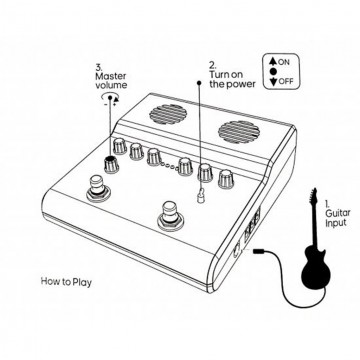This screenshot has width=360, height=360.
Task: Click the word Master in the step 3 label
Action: pos(111,75)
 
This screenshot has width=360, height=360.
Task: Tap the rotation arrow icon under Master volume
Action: pos(108,101)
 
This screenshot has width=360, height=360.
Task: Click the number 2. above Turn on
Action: pos(213,65)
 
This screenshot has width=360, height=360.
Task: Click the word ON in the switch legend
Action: pos(288,61)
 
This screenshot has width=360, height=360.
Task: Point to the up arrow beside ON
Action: pos(273,61)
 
